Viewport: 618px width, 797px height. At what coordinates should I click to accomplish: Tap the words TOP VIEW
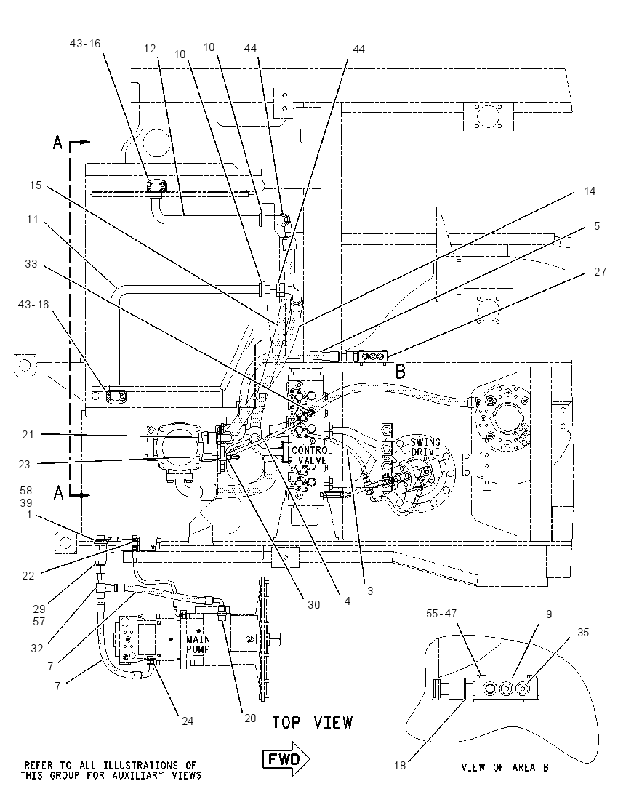tap(311, 722)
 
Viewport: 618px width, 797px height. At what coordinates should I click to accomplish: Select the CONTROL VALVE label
tap(311, 455)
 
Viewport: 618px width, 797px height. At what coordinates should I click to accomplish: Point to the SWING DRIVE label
tap(425, 446)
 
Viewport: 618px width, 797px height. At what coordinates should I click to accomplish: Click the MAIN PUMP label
tap(198, 644)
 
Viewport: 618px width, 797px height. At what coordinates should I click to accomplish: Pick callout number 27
tap(601, 272)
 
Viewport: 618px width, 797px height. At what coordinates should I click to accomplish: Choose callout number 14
tap(590, 191)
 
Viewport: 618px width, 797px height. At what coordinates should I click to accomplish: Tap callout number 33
tap(31, 263)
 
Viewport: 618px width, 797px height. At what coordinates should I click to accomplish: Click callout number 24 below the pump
tap(188, 721)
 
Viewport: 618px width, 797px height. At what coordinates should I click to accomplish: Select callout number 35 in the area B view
tap(583, 633)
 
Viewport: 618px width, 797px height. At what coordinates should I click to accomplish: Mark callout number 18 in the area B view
tap(400, 766)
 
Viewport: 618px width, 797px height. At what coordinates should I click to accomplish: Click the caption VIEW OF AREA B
tap(505, 767)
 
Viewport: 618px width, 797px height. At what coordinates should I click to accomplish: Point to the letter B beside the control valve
tap(401, 372)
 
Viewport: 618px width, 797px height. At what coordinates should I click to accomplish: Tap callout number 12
tap(150, 48)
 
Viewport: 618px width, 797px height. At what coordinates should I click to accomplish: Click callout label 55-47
tap(441, 614)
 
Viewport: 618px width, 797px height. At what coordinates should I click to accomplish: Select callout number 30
tap(313, 604)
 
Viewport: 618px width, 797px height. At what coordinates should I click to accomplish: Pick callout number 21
tap(28, 435)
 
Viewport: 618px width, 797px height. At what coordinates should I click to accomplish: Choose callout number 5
tap(597, 225)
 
